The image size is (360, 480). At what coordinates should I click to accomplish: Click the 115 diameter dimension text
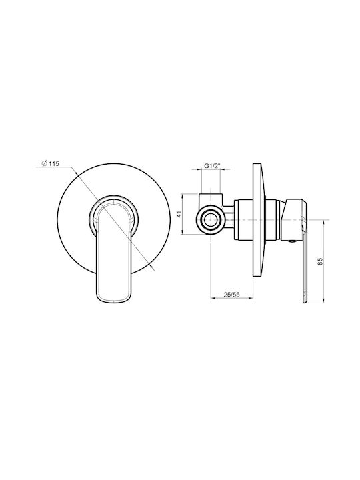(x=53, y=164)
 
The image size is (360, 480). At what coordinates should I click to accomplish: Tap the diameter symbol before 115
(x=44, y=164)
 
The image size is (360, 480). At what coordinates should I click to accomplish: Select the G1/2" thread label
(x=212, y=166)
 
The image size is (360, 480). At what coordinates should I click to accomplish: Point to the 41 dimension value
(x=179, y=214)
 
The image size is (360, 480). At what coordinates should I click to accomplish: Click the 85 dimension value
(x=320, y=261)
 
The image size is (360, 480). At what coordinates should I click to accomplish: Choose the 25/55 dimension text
(x=231, y=295)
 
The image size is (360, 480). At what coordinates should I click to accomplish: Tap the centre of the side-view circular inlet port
(x=211, y=220)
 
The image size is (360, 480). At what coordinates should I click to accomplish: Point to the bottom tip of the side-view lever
(x=305, y=303)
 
